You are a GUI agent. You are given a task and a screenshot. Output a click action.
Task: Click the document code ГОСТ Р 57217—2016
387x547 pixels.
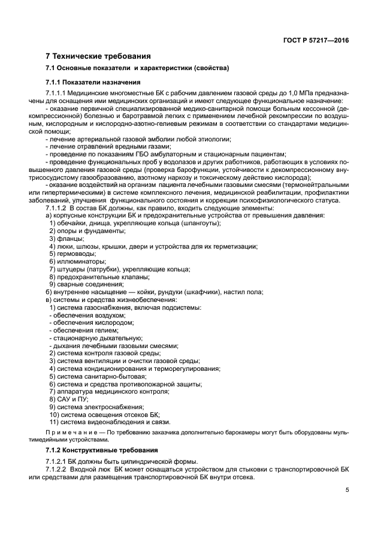click(x=316, y=40)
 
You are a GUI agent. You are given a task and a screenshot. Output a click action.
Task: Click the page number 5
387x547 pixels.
click(x=347, y=490)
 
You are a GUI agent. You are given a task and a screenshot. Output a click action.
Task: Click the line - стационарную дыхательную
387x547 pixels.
click(x=89, y=338)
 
